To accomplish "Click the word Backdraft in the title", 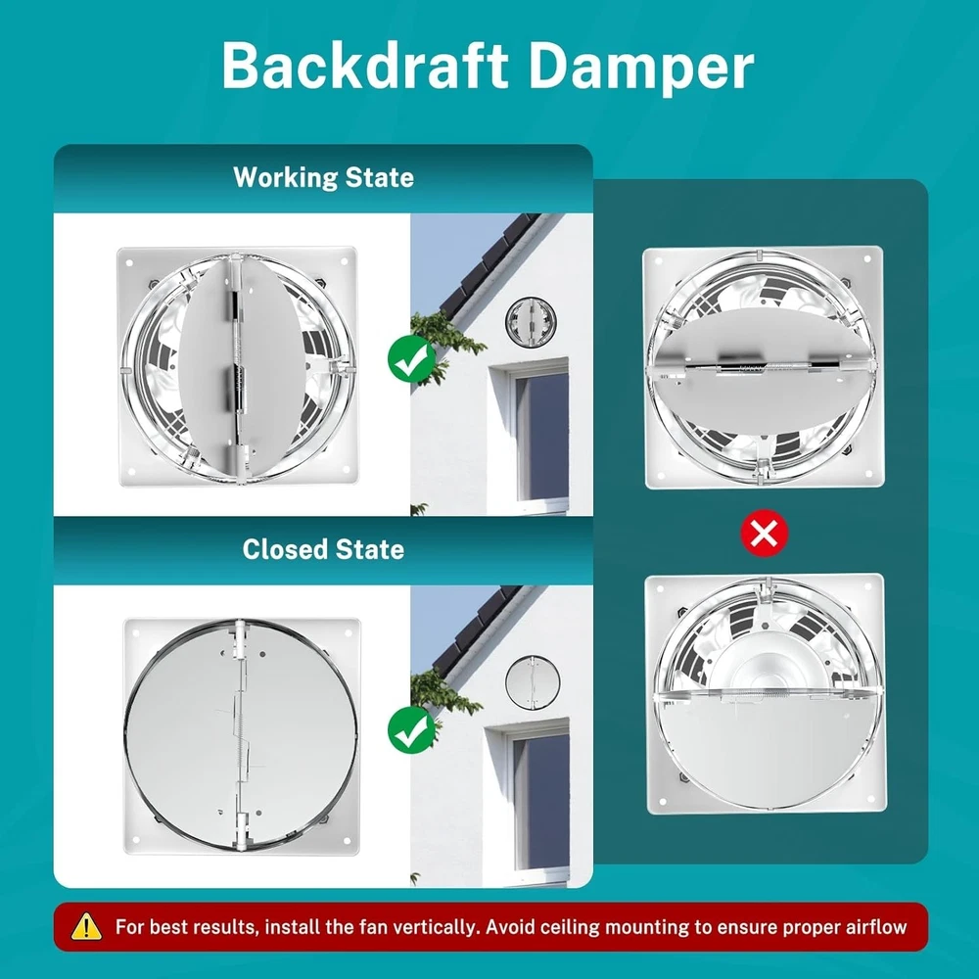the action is [364, 67].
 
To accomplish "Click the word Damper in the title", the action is [642, 69].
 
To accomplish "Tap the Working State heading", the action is [323, 177].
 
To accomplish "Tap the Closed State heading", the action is [323, 549].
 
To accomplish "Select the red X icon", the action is [765, 534].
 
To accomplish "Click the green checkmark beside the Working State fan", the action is [411, 358].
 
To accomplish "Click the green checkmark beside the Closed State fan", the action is [411, 730].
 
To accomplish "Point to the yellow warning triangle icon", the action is [87, 926].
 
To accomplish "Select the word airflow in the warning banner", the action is [876, 927].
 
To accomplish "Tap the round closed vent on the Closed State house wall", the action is [532, 682].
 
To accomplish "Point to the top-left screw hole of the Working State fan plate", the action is [130, 262].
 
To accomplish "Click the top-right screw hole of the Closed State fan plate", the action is [349, 633].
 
